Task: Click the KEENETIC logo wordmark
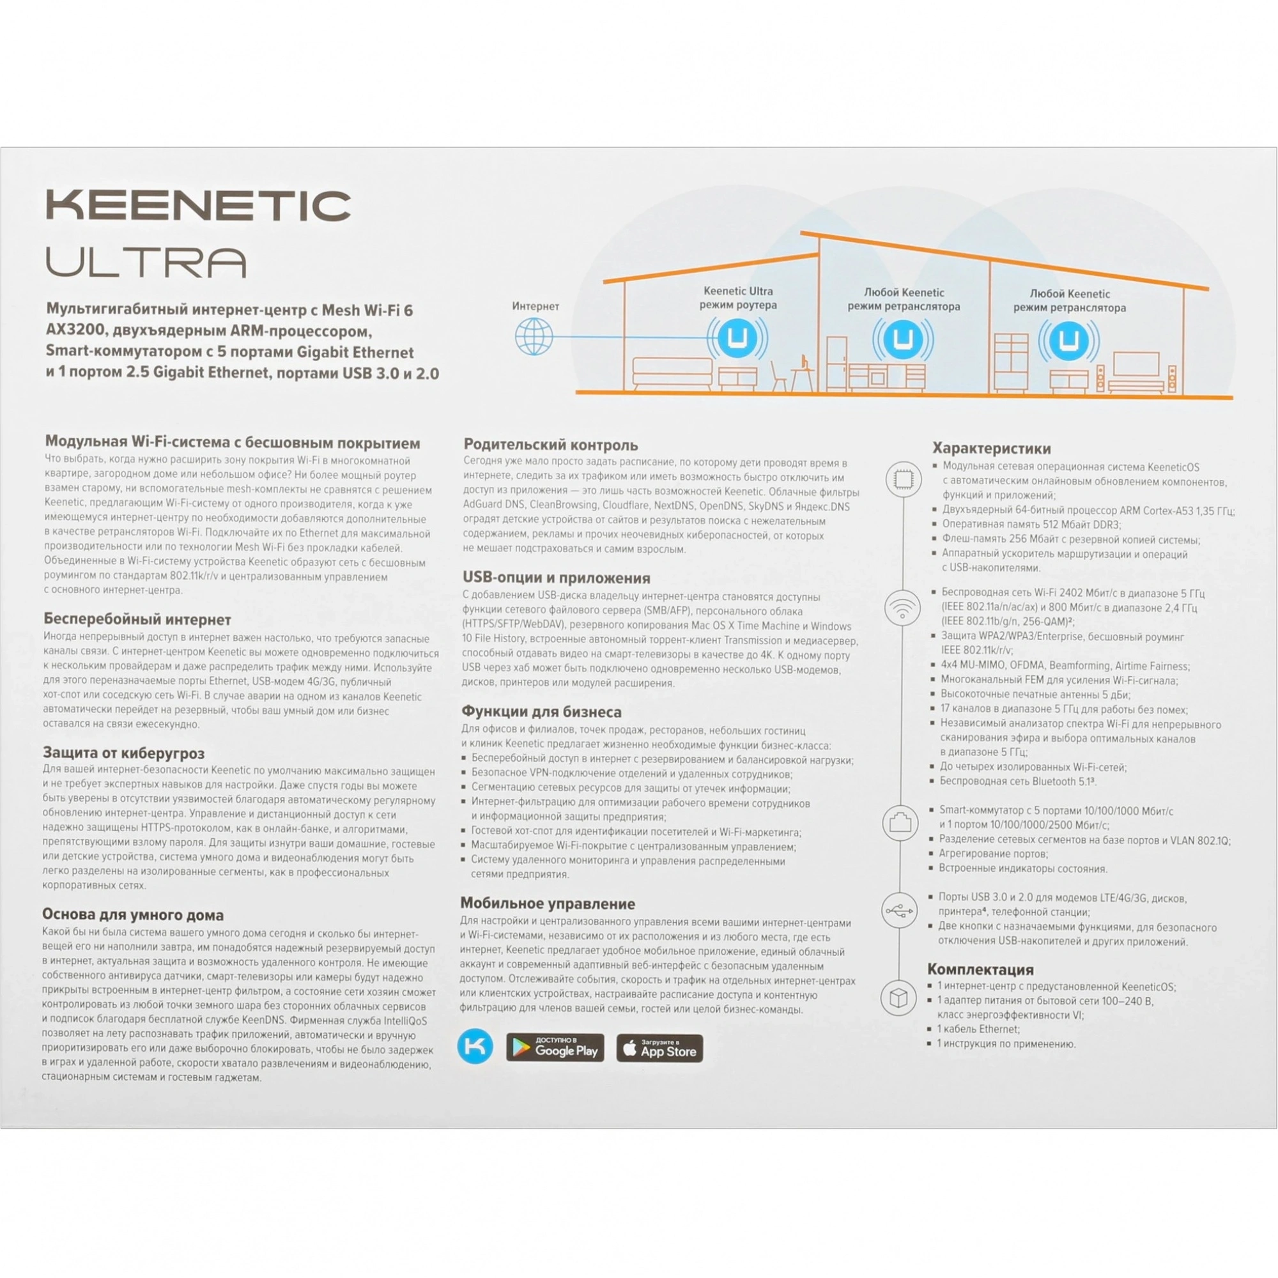point(198,206)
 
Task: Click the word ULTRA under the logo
point(146,263)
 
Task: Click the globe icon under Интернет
point(534,336)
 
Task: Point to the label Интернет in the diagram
point(535,306)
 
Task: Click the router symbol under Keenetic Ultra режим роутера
point(737,338)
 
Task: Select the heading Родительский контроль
point(550,445)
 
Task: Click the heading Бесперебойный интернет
point(137,620)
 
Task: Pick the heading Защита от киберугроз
point(124,753)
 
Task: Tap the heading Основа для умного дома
point(133,915)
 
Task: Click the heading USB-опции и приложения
point(557,578)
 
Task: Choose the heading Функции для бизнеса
point(541,712)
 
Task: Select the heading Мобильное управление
point(548,904)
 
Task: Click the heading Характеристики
point(992,449)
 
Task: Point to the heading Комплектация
point(980,969)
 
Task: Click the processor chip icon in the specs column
point(903,479)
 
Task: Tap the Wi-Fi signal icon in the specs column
point(902,607)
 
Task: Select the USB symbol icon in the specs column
point(900,911)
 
